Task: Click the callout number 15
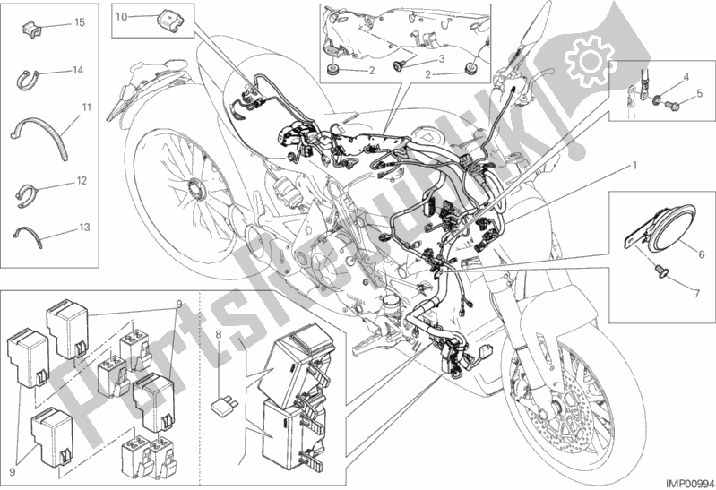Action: click(x=80, y=21)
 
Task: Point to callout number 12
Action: click(x=81, y=181)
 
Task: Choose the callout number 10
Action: click(x=122, y=16)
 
